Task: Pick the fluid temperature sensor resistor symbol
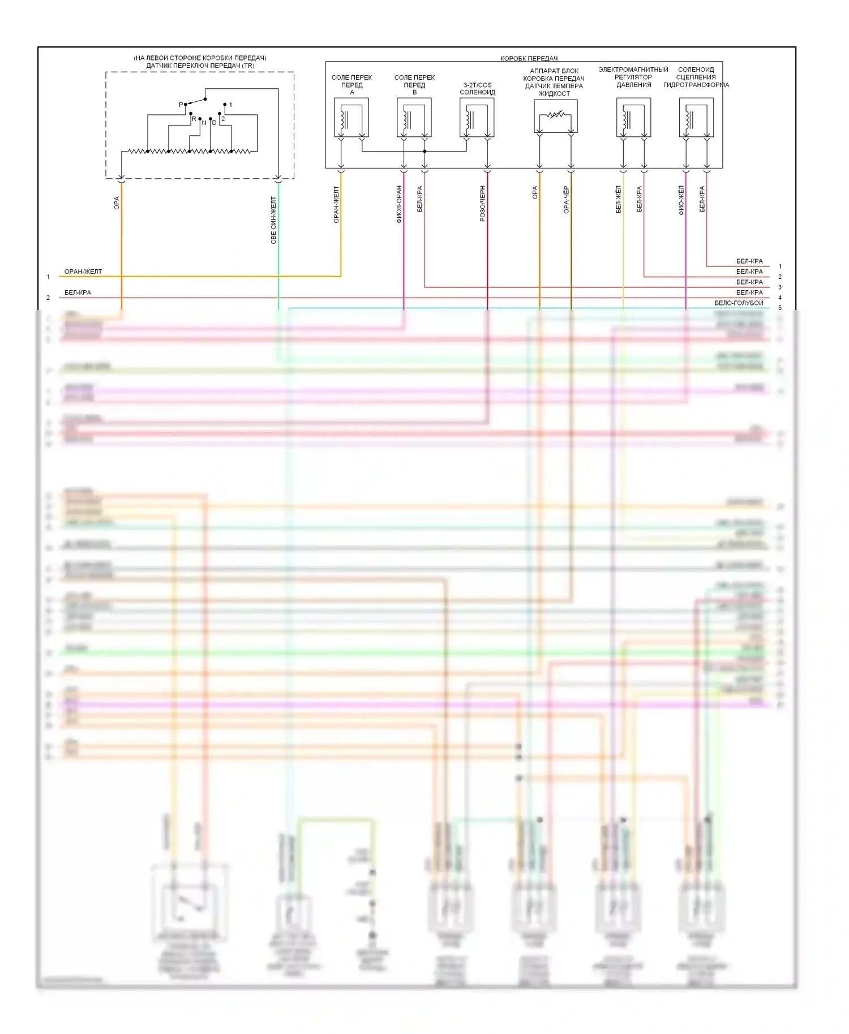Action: [x=555, y=115]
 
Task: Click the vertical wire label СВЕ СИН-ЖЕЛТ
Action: [x=273, y=220]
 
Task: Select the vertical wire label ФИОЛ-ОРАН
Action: [x=399, y=204]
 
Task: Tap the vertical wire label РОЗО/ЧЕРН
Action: [x=483, y=203]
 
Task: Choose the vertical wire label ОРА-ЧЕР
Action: [x=566, y=200]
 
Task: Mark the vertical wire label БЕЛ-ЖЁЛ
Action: [x=619, y=199]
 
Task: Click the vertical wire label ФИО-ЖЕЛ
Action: [x=681, y=200]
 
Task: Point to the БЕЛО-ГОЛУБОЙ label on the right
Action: [x=739, y=303]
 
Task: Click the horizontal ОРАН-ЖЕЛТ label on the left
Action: [x=83, y=272]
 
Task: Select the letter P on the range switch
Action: [x=181, y=105]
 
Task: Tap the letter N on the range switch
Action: [x=204, y=123]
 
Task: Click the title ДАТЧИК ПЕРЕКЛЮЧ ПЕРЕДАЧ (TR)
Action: [x=200, y=66]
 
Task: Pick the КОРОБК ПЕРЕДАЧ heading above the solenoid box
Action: [x=529, y=58]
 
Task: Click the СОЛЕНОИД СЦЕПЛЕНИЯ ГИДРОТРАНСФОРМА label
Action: [x=696, y=77]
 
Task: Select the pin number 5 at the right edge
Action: [x=780, y=308]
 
